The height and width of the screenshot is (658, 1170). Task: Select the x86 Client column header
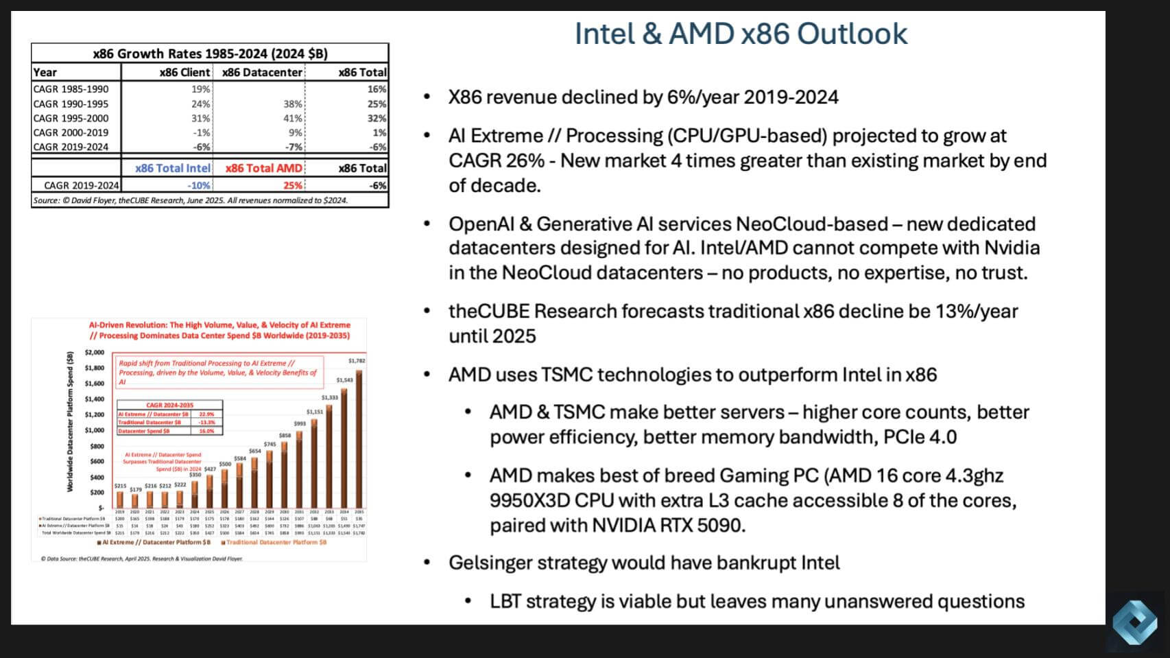pos(184,72)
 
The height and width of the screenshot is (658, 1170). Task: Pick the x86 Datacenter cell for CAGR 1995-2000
pos(293,118)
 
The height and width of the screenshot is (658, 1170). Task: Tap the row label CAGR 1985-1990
pos(71,89)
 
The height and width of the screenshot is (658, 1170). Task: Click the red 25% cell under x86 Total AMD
pos(293,185)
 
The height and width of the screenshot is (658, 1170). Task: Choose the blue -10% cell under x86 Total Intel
pos(199,185)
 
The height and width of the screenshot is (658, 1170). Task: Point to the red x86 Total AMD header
pos(263,168)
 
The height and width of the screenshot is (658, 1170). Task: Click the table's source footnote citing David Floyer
pos(190,200)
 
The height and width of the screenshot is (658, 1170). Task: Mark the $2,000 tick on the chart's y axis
pos(95,353)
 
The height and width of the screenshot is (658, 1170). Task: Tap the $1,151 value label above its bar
pos(315,412)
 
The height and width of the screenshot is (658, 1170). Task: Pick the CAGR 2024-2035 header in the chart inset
pos(169,405)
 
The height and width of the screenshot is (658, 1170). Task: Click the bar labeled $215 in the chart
pos(120,499)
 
